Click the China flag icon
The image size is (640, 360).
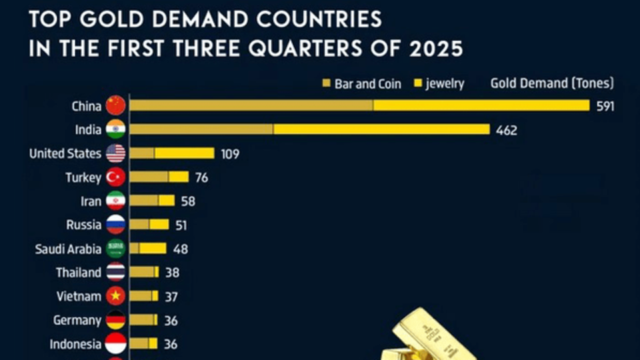click(x=116, y=105)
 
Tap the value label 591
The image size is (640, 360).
click(x=605, y=106)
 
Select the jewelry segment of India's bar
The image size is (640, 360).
click(x=381, y=129)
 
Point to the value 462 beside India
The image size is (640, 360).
click(x=507, y=130)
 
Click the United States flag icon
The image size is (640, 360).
click(x=116, y=153)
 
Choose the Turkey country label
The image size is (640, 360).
click(x=83, y=177)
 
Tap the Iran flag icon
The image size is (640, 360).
click(x=116, y=201)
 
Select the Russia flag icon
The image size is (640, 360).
click(x=116, y=225)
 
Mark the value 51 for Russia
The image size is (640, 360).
click(x=181, y=225)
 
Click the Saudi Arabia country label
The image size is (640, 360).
click(x=68, y=249)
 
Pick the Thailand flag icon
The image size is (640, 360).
click(x=116, y=272)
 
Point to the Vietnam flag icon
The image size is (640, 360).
click(x=116, y=295)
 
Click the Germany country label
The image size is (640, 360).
click(x=77, y=320)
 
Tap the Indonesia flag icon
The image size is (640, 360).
click(x=116, y=344)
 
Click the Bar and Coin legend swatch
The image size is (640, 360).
click(x=327, y=84)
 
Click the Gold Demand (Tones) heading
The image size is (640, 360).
click(x=552, y=83)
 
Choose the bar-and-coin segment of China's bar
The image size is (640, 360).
click(x=251, y=105)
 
